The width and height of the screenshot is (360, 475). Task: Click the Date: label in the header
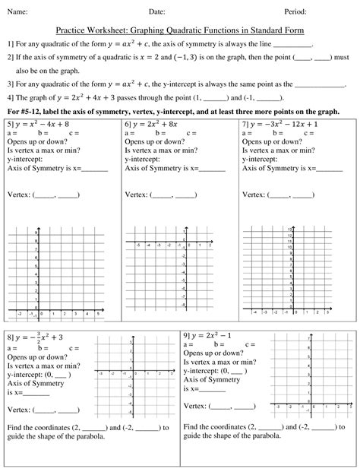tap(156, 11)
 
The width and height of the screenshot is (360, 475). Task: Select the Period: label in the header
tap(295, 11)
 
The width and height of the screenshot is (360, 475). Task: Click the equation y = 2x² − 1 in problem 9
tap(214, 336)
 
